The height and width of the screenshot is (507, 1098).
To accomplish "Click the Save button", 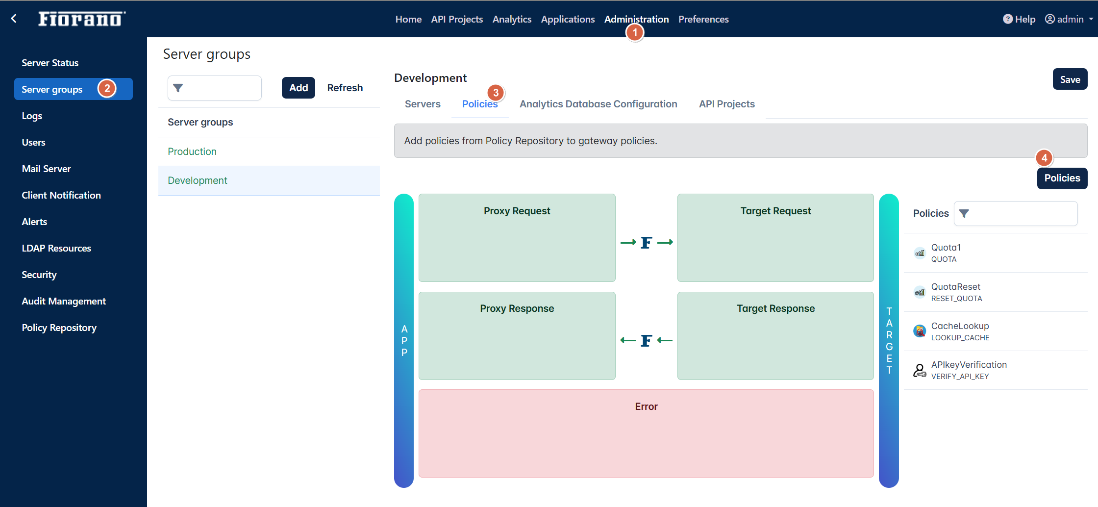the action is pos(1070,79).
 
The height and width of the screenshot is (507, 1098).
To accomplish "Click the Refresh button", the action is pos(345,88).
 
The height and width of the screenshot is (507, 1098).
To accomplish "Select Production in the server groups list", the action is pos(192,152).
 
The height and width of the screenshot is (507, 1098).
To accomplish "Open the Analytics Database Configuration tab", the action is pos(599,104).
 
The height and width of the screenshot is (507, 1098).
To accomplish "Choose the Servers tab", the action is pos(423,104).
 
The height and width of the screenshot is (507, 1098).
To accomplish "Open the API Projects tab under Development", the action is pos(727,104).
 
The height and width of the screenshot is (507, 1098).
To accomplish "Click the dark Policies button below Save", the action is pos(1062,178).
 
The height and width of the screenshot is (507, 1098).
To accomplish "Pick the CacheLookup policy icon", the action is pos(920,331).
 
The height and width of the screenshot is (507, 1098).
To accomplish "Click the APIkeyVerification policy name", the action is pos(969,365).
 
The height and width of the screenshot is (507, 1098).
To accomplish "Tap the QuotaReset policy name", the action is pos(956,287).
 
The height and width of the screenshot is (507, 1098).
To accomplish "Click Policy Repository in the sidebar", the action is pos(59,328).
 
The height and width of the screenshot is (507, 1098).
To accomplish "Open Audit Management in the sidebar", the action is pos(64,301).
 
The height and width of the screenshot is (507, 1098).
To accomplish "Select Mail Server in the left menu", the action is pos(47,169).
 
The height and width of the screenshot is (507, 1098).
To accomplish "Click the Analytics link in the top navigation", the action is pos(512,19).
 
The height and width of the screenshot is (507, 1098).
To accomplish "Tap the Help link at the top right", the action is pos(1019,19).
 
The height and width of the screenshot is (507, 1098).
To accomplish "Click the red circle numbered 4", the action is pos(1044,158).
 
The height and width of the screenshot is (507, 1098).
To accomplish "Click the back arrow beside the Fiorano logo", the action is pos(14,19).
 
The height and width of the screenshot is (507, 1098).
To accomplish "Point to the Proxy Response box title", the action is pos(517,308).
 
